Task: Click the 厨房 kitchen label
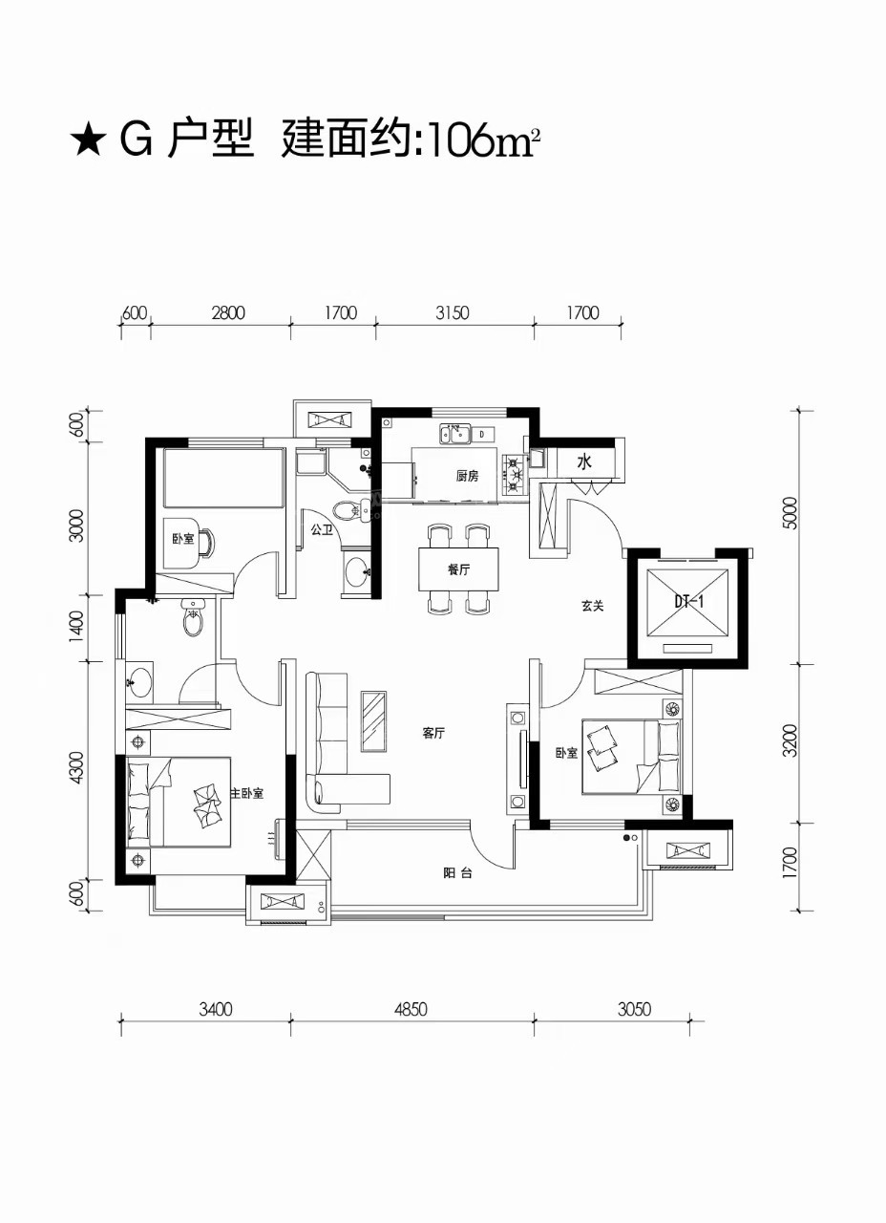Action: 468,476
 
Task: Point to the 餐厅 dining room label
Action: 459,570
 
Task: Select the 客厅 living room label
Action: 433,734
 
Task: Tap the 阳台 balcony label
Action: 457,873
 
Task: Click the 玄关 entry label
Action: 593,606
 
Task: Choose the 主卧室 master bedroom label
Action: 246,793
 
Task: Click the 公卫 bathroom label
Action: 322,529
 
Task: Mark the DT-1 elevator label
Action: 689,602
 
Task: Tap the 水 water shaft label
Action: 584,462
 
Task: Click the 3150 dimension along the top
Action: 453,313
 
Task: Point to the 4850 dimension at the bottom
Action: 411,1010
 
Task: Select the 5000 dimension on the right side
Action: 790,513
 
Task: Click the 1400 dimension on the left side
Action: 77,626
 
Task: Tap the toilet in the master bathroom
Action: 194,617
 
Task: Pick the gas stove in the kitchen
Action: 515,473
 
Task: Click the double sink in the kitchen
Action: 455,435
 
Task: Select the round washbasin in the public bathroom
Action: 357,571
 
